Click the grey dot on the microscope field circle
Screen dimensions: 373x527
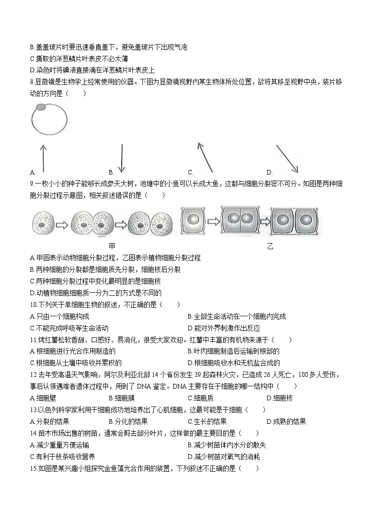[41, 108]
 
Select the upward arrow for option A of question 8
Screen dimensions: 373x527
[43, 158]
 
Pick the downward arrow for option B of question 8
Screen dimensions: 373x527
[122, 158]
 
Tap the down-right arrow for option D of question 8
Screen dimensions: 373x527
[287, 158]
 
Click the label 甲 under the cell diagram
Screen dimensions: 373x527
[112, 245]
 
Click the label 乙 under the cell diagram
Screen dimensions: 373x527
[270, 246]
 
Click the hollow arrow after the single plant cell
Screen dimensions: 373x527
[213, 221]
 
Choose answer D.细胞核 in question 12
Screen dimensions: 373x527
[280, 398]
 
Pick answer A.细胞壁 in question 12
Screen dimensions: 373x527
[43, 398]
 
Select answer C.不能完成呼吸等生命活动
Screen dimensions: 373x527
[69, 328]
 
